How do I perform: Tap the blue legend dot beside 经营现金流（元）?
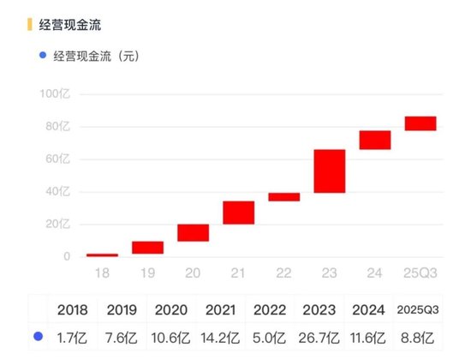coord(42,57)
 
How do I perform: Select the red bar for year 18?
coord(102,255)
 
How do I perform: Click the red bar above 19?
coord(147,248)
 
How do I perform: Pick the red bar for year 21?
coord(238,213)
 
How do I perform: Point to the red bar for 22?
coord(283,197)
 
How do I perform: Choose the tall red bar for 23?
coord(329,171)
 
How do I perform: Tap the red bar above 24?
coord(374,140)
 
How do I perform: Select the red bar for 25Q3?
coord(420,123)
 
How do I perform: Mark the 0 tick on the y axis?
coord(65,256)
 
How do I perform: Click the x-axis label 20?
coord(193,272)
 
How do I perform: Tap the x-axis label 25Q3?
coord(420,272)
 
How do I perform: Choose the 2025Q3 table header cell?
coord(420,308)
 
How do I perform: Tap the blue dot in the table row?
coord(38,337)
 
